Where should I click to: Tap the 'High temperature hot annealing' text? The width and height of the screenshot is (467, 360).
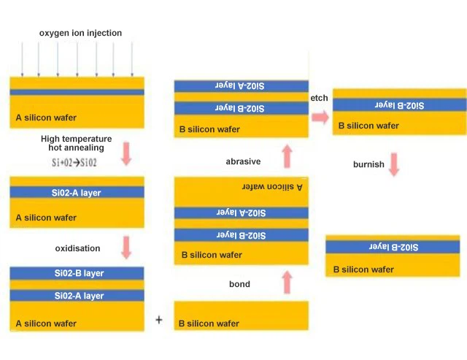coord(76,143)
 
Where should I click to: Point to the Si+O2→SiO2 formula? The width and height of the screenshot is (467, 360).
coord(76,162)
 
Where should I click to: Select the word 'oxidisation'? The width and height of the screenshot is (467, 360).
coord(77,248)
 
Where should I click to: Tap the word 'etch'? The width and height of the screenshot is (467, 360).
coord(319,98)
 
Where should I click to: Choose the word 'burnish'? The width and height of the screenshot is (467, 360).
coord(368,164)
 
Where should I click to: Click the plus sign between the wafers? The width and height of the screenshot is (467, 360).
coord(159,320)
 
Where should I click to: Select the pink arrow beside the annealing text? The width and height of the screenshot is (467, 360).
coord(126,152)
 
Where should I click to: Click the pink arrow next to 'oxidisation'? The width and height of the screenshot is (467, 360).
coord(126,247)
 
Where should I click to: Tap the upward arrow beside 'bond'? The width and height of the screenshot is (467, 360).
coord(286,281)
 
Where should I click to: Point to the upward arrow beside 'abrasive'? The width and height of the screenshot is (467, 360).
coord(286,156)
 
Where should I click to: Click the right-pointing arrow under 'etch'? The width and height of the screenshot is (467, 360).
coord(319,115)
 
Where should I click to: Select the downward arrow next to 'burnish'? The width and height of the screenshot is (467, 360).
coord(394,164)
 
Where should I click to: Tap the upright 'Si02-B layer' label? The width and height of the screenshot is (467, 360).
coord(79,273)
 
